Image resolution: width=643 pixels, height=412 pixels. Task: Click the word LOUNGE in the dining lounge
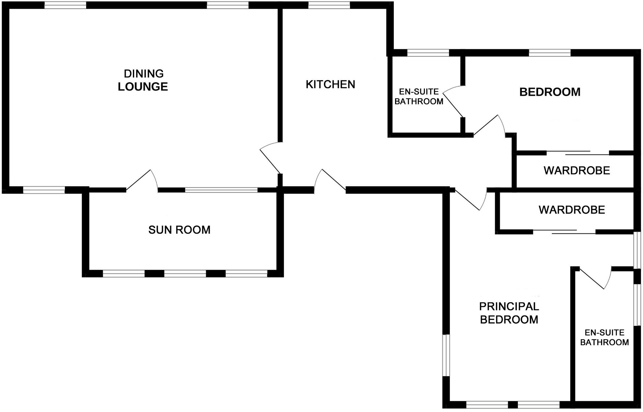pyautogui.click(x=143, y=87)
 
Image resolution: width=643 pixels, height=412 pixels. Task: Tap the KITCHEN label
pyautogui.click(x=330, y=85)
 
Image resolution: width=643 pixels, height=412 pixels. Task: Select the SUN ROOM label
pyautogui.click(x=179, y=230)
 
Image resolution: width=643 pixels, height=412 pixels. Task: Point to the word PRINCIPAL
pyautogui.click(x=509, y=306)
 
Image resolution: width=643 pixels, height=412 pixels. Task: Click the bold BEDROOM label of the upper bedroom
pyautogui.click(x=550, y=92)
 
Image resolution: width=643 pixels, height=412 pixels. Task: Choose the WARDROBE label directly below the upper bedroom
pyautogui.click(x=577, y=171)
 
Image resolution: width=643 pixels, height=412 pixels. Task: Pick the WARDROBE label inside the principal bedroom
pyautogui.click(x=572, y=210)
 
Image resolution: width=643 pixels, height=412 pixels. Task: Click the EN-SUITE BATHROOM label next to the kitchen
pyautogui.click(x=419, y=97)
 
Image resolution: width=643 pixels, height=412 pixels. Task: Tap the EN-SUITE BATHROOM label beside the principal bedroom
pyautogui.click(x=604, y=338)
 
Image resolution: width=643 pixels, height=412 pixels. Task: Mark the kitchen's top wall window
pyautogui.click(x=329, y=5)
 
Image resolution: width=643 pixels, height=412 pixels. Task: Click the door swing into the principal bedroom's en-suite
pyautogui.click(x=595, y=278)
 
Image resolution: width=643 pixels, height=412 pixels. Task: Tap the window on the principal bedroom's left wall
pyautogui.click(x=446, y=355)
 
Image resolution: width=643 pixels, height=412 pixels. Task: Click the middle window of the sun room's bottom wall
pyautogui.click(x=185, y=274)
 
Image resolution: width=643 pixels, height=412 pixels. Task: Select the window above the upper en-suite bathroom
pyautogui.click(x=428, y=53)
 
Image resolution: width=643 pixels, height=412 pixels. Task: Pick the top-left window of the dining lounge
pyautogui.click(x=65, y=5)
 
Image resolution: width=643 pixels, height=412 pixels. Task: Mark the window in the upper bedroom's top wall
pyautogui.click(x=550, y=53)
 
